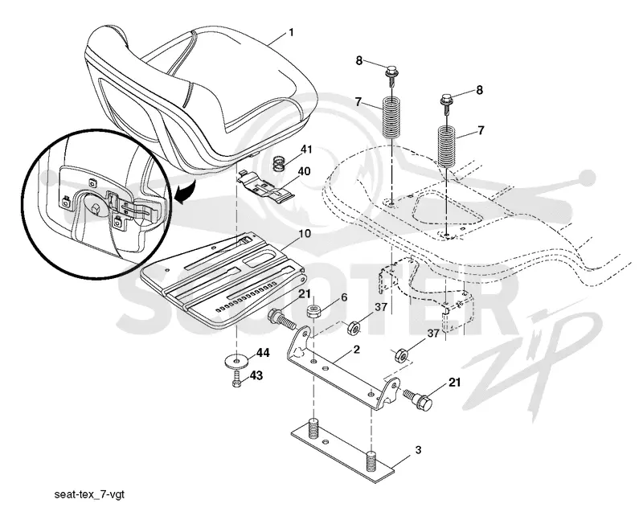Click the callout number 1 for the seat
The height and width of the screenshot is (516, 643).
[292, 32]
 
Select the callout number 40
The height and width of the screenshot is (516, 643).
[304, 171]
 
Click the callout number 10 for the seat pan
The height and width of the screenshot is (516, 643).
[305, 234]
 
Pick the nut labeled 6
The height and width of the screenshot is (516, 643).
[313, 311]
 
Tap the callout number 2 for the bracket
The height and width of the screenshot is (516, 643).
[356, 350]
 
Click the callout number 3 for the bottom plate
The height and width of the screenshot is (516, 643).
[418, 450]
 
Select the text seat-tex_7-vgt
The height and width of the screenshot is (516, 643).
[89, 494]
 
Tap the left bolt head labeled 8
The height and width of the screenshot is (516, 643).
[390, 71]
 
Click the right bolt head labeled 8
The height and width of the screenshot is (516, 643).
[446, 100]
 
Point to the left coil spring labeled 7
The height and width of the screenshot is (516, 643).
[392, 117]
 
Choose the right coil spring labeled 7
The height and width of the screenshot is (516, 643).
[447, 146]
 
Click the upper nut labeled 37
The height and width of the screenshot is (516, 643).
[354, 328]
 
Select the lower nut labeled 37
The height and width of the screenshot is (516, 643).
[400, 355]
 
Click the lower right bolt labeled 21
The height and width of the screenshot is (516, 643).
[418, 399]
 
